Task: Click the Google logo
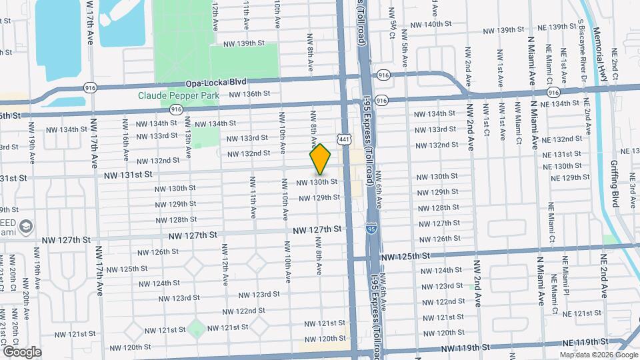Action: pos(21,351)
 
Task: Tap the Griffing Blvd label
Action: pos(615,190)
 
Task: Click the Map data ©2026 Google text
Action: pos(597,355)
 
